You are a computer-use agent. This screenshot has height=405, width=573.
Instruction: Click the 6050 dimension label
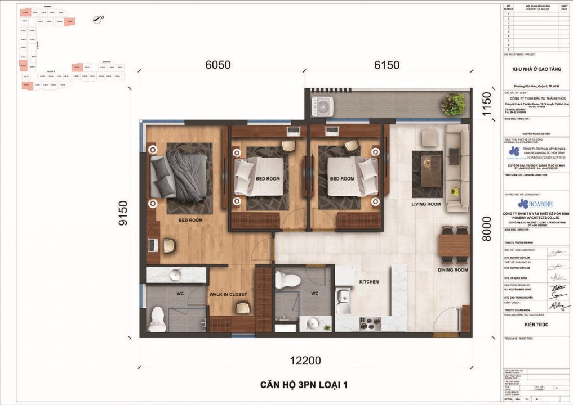(218, 65)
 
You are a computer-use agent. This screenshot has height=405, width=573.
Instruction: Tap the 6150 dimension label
(387, 65)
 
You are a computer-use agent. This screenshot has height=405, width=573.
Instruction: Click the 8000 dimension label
(486, 229)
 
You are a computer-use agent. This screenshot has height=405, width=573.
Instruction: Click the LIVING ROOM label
(425, 204)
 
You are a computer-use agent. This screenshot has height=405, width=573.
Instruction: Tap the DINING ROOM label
(453, 270)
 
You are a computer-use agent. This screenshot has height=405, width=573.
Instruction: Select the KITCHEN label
(368, 281)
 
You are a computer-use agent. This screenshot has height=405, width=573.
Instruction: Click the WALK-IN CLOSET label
(228, 294)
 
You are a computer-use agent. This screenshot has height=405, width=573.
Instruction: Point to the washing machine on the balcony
(322, 106)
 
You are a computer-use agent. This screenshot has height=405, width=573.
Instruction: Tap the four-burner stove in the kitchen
(370, 323)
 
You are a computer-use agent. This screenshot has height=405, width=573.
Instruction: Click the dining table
(454, 245)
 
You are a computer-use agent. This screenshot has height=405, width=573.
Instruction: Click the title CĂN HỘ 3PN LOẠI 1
(304, 385)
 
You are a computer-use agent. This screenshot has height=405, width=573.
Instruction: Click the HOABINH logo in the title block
(531, 203)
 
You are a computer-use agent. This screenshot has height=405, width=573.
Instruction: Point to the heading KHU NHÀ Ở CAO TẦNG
(535, 68)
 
